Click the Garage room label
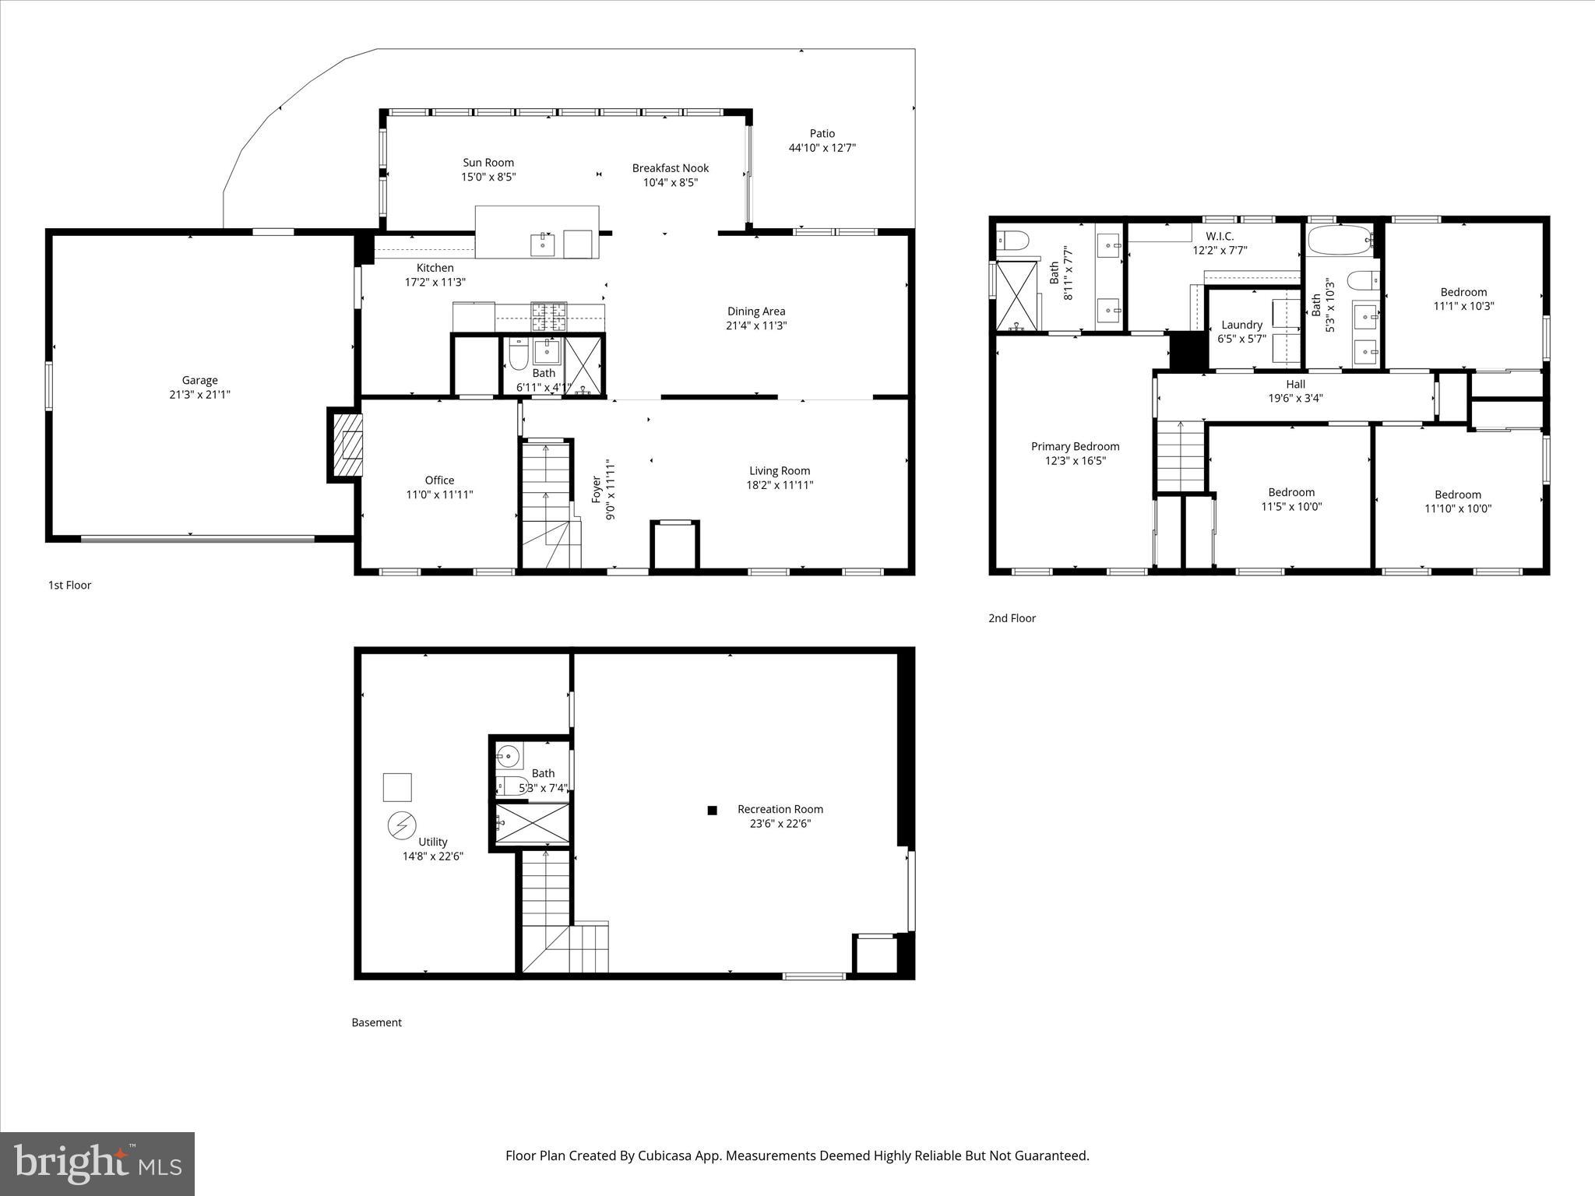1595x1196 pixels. coord(199,380)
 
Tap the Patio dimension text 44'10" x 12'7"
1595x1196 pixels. coord(822,148)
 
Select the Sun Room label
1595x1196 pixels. coord(488,163)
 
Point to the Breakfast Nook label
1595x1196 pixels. coord(670,168)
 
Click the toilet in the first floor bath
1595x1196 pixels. coord(519,357)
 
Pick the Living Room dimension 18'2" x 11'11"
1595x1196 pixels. coord(780,485)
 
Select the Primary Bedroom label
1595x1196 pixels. coord(1075,446)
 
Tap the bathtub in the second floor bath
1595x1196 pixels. coord(1340,241)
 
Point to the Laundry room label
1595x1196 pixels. coord(1241,325)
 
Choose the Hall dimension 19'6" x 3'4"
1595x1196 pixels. coord(1295,398)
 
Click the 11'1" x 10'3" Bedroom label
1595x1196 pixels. coord(1463,293)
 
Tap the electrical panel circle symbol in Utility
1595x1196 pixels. coord(403,825)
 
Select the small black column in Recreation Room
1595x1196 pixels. coord(712,811)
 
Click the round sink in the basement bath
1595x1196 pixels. coord(508,755)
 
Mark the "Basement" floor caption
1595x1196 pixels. coord(376,1022)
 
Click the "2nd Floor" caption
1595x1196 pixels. coord(1012,618)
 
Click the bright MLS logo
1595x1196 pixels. coord(97,1163)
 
